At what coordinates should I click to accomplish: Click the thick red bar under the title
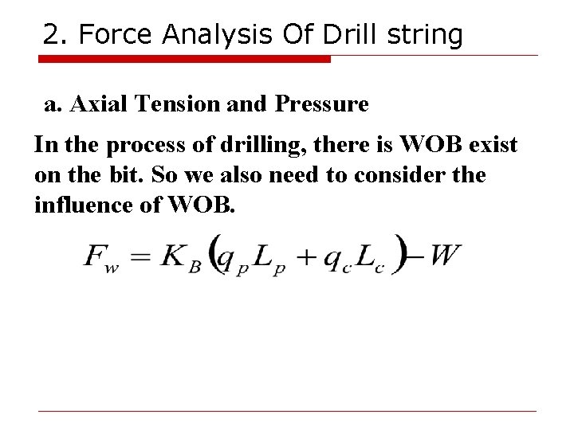pyautogui.click(x=185, y=58)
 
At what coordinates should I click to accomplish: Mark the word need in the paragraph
pyautogui.click(x=289, y=175)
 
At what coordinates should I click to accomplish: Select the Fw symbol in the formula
pyautogui.click(x=100, y=256)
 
